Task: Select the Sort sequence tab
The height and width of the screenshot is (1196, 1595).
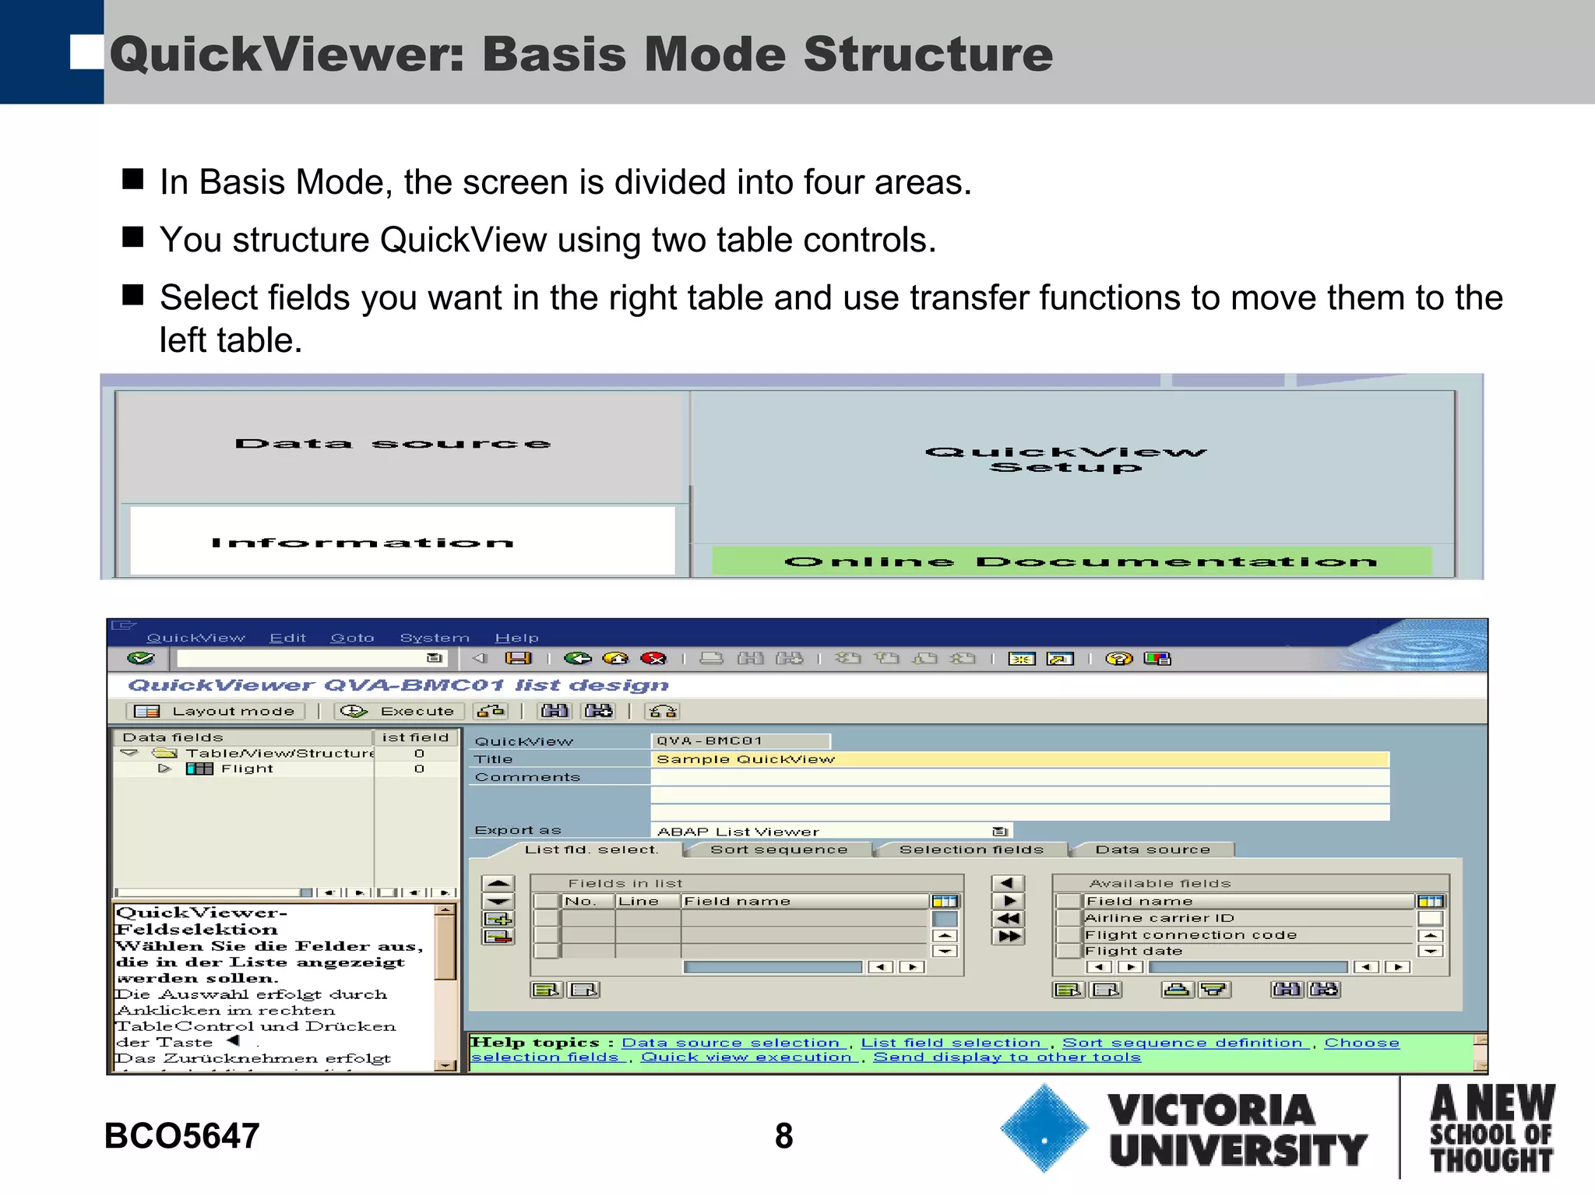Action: pos(778,850)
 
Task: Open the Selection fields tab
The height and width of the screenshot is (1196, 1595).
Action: pos(970,850)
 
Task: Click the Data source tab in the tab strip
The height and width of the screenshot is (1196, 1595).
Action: pos(1152,850)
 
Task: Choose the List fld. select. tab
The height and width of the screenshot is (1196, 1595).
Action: pos(591,850)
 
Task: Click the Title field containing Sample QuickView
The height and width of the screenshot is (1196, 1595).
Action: pos(1019,759)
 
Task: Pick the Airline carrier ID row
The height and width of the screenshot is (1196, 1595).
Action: pos(1246,918)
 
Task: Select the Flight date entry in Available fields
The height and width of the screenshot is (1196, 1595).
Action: pos(1246,951)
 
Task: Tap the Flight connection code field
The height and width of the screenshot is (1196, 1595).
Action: pos(1246,934)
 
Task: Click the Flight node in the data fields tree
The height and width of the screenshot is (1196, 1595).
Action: pos(247,769)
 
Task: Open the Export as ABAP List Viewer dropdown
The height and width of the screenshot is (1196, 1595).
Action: pos(1000,832)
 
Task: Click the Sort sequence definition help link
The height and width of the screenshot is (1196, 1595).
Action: pos(1182,1043)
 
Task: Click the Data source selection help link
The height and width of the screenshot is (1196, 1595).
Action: pos(731,1043)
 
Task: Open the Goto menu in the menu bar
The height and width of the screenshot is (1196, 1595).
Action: pos(352,638)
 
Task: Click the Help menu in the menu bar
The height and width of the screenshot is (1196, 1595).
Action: pos(516,638)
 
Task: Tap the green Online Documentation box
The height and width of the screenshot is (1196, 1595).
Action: pos(1072,561)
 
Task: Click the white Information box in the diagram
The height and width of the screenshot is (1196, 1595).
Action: pos(401,541)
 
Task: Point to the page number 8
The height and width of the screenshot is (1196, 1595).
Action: pos(783,1135)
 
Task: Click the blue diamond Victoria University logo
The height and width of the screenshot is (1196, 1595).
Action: pos(1044,1127)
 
